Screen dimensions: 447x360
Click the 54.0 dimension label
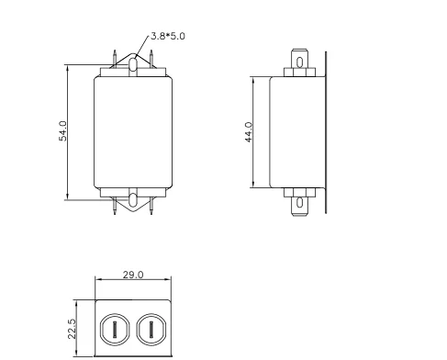pos(62,131)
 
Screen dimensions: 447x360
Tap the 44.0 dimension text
pos(249,132)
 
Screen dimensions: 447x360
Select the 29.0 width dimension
pos(133,275)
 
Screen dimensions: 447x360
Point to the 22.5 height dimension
pos(72,329)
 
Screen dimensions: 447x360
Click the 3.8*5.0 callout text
pos(168,36)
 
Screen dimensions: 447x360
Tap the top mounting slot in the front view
pos(133,64)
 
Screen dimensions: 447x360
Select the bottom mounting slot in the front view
pos(133,200)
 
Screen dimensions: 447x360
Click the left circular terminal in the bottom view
pos(115,330)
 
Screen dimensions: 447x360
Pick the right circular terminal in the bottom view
pos(151,330)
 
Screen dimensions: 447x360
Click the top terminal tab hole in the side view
pos(300,62)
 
